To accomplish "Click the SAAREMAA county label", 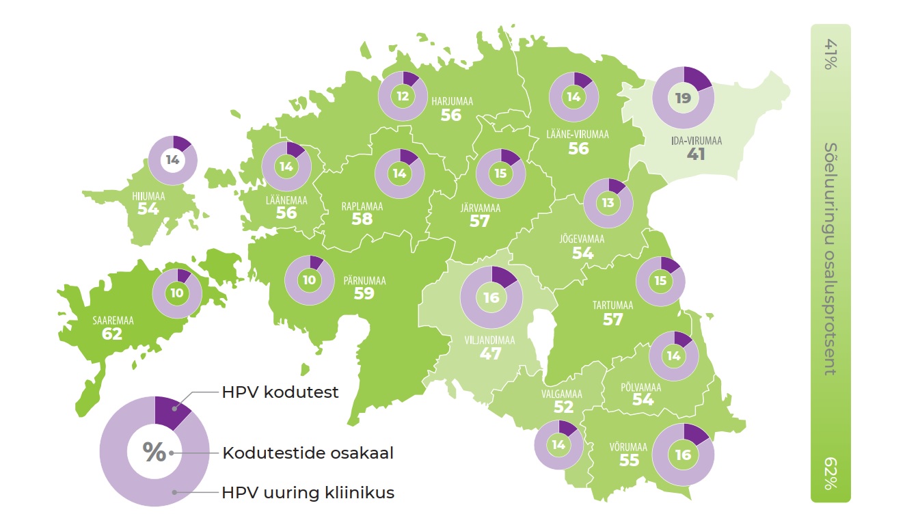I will pyautogui.click(x=113, y=319).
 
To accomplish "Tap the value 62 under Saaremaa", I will pyautogui.click(x=111, y=334).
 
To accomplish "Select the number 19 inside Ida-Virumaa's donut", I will pyautogui.click(x=683, y=98).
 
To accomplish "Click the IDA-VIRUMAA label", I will pyautogui.click(x=697, y=141).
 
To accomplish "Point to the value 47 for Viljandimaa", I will pyautogui.click(x=490, y=353).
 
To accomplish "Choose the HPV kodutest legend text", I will pyautogui.click(x=280, y=393).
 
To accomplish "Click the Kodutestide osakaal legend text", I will pyautogui.click(x=308, y=453).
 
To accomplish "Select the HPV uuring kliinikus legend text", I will pyautogui.click(x=308, y=492).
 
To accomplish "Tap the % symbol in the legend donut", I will pyautogui.click(x=154, y=452).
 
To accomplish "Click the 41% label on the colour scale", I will pyautogui.click(x=830, y=54).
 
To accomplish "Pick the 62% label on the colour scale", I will pyautogui.click(x=830, y=474).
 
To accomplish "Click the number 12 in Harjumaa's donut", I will pyautogui.click(x=403, y=96).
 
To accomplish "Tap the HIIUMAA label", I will pyautogui.click(x=148, y=195).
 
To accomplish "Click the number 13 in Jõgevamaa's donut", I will pyautogui.click(x=608, y=203).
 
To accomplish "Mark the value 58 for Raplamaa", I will pyautogui.click(x=362, y=219).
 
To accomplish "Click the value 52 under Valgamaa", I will pyautogui.click(x=563, y=407).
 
